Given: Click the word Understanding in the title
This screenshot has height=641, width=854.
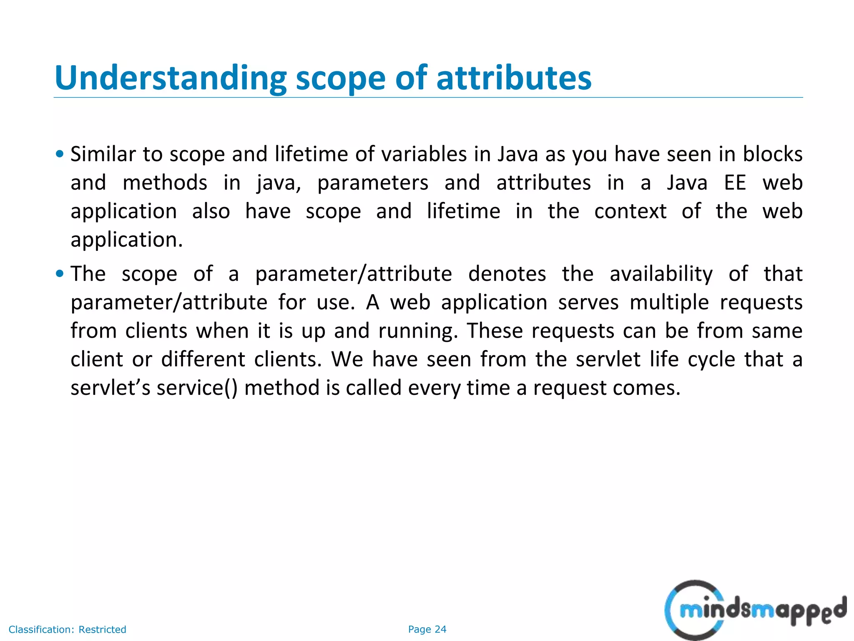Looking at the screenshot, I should pos(170,78).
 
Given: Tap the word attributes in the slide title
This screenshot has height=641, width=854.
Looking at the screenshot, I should pos(513,78).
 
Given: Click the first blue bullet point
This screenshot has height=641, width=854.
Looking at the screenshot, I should pos(60,154).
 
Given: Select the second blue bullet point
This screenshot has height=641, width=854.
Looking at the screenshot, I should pos(60,274).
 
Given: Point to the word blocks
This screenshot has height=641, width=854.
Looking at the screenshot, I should pos(772,154).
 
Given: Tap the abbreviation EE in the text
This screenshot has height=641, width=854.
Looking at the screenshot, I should pos(735,183).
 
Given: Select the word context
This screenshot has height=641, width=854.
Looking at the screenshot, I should pos(630,211).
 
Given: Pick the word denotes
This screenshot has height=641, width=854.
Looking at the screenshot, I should pos(507,274).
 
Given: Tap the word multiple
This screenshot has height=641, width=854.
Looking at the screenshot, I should pos(669,303).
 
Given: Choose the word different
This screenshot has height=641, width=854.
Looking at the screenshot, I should pos(203,359).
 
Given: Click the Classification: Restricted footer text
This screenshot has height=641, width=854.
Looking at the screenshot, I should pos(67,629).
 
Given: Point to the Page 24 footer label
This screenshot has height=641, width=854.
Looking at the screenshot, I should pos(427,629).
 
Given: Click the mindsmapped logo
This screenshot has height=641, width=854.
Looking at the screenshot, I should pos(755,610).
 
